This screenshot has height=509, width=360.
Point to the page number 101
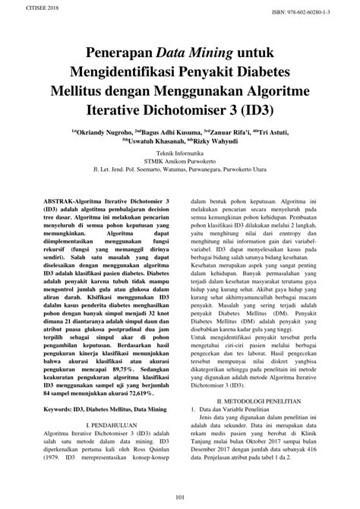pyautogui.click(x=180, y=497)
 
